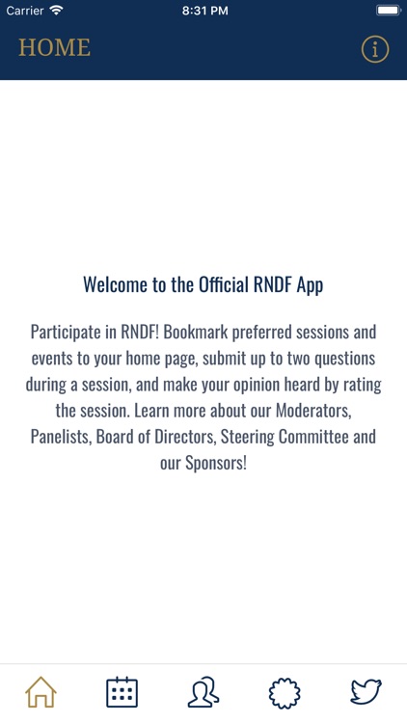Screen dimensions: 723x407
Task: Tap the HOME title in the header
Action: (x=54, y=47)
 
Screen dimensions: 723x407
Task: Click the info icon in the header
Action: (x=375, y=48)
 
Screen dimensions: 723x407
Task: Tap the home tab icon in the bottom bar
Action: (x=41, y=693)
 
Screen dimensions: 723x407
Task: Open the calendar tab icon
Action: (x=122, y=693)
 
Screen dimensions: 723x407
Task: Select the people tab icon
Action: (x=203, y=693)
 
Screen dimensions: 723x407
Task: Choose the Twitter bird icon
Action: (x=366, y=693)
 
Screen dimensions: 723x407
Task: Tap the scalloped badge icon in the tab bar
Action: (x=285, y=693)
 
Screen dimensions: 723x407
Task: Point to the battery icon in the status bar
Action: (x=389, y=10)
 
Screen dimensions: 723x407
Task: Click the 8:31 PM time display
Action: (x=204, y=10)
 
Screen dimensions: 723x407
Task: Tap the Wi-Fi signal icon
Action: (x=56, y=10)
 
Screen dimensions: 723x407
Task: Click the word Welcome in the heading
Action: (x=117, y=284)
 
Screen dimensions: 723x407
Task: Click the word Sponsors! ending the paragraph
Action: (x=217, y=463)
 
